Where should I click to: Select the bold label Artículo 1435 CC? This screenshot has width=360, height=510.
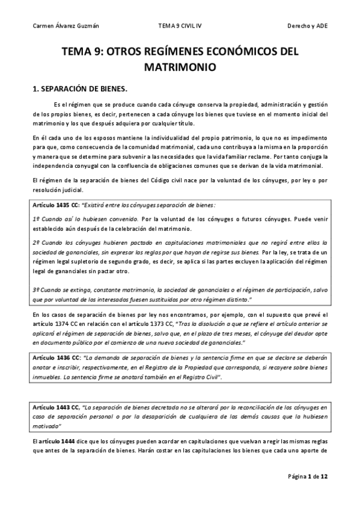[55, 206]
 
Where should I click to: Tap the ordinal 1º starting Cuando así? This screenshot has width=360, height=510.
[37, 220]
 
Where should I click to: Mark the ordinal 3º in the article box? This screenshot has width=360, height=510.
[37, 290]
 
